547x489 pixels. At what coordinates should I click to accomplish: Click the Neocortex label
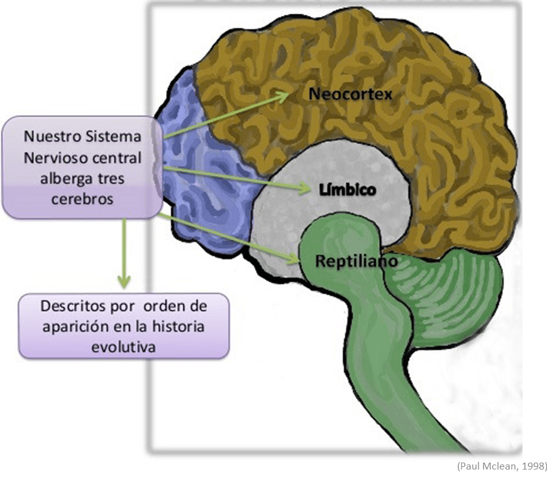[x=350, y=94]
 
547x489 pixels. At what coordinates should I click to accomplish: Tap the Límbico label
[x=348, y=190]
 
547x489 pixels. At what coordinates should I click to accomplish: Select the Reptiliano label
[x=356, y=261]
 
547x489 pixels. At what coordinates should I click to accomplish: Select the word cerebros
[x=82, y=199]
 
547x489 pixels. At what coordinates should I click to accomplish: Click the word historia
[x=178, y=326]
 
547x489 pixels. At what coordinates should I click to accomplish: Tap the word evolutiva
[x=123, y=347]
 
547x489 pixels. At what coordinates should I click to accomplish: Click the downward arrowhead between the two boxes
[x=124, y=281]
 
